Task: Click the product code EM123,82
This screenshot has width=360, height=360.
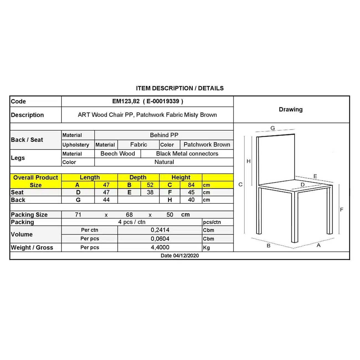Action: (126, 101)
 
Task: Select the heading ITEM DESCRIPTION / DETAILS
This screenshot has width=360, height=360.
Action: (180, 88)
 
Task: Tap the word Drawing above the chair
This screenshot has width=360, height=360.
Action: (290, 109)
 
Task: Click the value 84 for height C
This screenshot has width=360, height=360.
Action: (191, 185)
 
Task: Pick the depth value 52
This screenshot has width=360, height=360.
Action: (150, 185)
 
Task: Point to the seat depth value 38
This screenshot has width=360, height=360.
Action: (150, 192)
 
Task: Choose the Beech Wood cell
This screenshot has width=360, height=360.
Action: (118, 154)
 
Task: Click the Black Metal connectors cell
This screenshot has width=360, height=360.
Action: (187, 154)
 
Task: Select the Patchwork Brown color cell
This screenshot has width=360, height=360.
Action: (207, 145)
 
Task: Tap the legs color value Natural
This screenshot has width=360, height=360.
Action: (164, 162)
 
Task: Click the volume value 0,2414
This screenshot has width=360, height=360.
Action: (160, 230)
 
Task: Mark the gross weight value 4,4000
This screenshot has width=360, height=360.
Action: (160, 247)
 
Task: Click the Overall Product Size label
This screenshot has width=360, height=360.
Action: (36, 181)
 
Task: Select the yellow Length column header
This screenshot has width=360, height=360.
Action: (90, 178)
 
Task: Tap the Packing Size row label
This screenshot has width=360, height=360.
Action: (29, 215)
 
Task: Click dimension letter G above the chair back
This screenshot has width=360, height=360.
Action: (273, 128)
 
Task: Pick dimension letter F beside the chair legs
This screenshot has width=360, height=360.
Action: (342, 210)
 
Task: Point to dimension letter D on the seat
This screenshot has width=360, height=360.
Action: (303, 185)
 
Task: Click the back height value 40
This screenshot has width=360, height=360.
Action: (191, 200)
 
